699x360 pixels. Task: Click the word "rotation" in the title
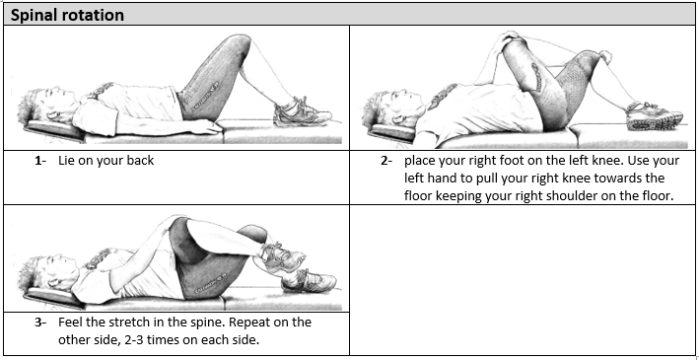(x=93, y=15)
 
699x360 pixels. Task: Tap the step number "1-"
(x=40, y=161)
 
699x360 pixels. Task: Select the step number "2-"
(x=386, y=161)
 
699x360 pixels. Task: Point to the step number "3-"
(x=40, y=323)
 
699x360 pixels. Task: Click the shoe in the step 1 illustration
(x=302, y=112)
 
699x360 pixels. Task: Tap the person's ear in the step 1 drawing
(x=53, y=115)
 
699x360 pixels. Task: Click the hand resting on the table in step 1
(x=209, y=128)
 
